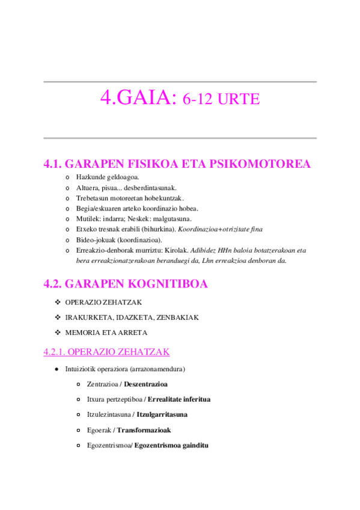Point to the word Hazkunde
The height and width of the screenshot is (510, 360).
(91, 177)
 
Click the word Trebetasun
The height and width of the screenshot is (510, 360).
(94, 198)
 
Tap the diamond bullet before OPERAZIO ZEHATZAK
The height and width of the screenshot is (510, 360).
(58, 302)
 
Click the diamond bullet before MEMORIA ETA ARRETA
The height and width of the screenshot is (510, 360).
(58, 332)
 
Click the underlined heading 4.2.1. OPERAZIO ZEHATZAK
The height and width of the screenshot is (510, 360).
(106, 352)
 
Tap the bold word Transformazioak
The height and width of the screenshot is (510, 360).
(144, 430)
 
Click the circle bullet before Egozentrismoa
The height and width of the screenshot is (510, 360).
(80, 446)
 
